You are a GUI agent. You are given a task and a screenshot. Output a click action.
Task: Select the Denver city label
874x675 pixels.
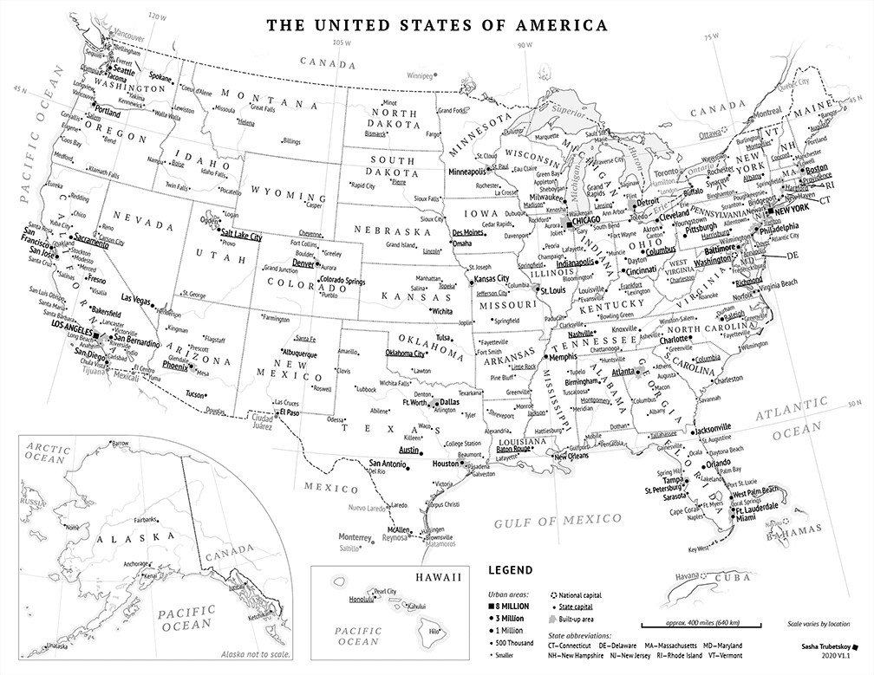point(303,263)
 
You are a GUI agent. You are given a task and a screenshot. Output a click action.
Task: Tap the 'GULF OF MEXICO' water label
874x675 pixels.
point(558,522)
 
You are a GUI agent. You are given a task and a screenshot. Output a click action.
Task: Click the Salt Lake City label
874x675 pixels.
point(241,236)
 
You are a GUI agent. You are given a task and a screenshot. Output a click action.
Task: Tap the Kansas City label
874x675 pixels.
point(491,279)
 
